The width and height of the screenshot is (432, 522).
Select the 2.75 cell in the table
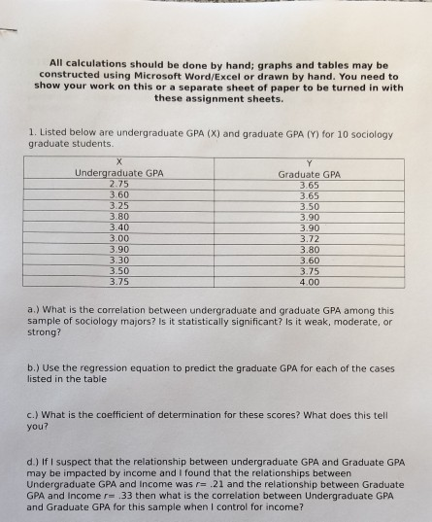119,183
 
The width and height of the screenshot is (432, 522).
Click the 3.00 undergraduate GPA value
119,237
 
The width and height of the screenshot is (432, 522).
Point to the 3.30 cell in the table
119,260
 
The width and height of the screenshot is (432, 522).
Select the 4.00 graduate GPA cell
309,282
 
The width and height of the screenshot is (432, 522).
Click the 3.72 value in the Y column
309,237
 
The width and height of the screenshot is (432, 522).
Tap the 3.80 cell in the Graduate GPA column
309,249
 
